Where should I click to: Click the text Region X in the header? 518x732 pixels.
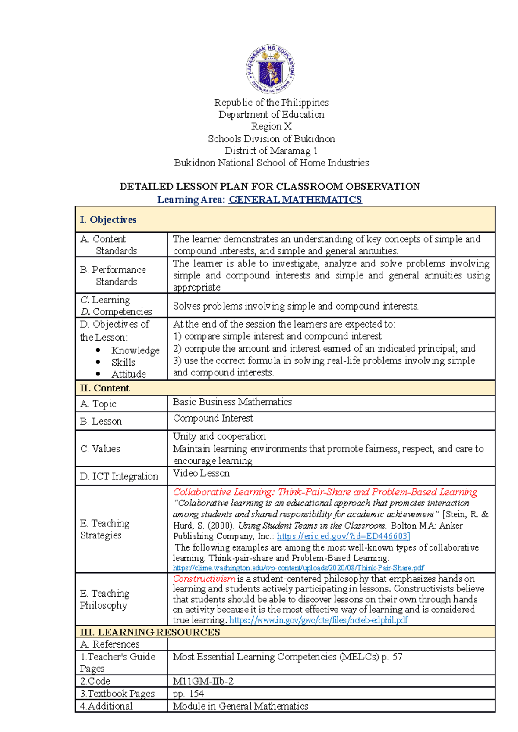click(271, 127)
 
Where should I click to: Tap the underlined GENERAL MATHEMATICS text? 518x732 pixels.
click(295, 200)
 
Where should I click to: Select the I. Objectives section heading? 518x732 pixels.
click(108, 220)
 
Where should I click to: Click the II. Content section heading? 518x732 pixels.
click(105, 388)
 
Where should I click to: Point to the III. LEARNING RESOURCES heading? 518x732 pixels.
click(150, 632)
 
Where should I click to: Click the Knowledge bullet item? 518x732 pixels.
click(135, 350)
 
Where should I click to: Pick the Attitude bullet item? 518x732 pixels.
click(128, 374)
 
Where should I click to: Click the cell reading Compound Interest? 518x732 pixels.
click(213, 418)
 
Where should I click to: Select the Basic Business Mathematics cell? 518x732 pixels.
click(232, 402)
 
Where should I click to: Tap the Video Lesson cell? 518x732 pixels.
click(201, 473)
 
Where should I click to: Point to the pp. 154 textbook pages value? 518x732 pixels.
click(188, 694)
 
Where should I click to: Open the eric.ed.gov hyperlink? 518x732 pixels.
click(343, 536)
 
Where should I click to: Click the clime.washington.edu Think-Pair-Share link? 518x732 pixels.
click(298, 568)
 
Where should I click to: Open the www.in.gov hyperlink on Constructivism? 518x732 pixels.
click(318, 620)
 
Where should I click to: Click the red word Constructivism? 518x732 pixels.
click(204, 579)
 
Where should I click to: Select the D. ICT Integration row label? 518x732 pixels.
click(119, 476)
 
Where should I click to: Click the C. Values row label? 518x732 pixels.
click(100, 449)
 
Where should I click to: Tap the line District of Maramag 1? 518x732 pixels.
click(271, 151)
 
